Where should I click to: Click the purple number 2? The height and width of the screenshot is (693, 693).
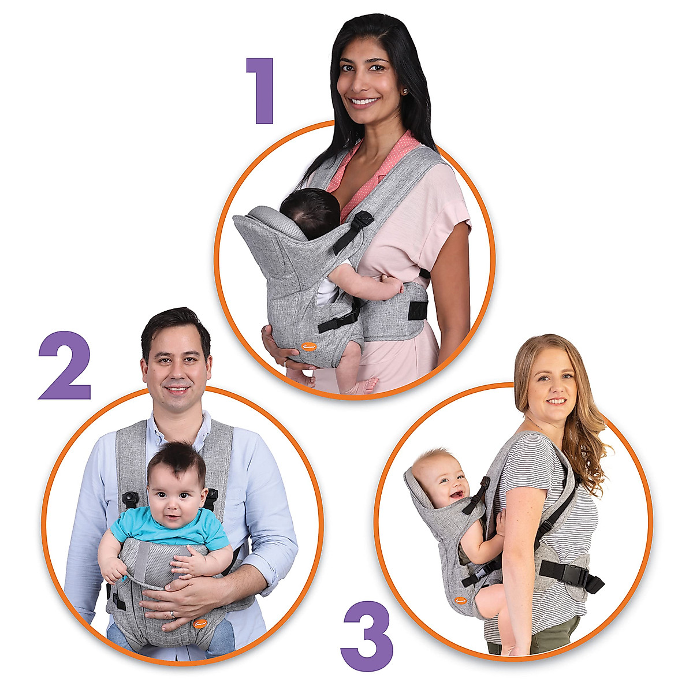(65, 366)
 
